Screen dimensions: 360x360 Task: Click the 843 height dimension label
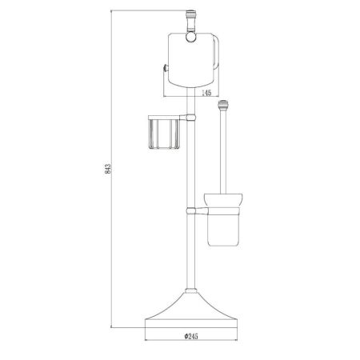(x=108, y=169)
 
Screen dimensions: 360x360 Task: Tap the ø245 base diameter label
(x=191, y=336)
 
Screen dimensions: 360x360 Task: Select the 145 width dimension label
(x=206, y=93)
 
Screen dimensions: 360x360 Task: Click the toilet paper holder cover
(x=190, y=60)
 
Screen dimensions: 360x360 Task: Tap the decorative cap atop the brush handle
(x=223, y=104)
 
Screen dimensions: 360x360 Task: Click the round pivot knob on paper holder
(x=190, y=37)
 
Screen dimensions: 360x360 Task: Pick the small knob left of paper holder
(x=166, y=69)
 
